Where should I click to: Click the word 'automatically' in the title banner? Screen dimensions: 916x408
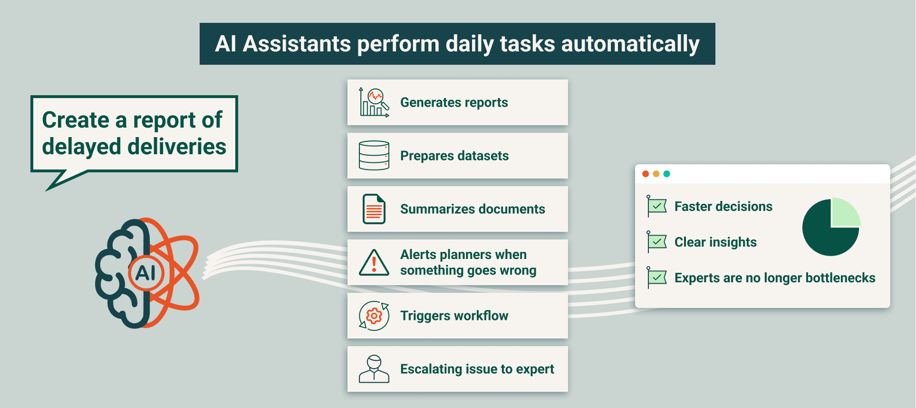click(x=630, y=44)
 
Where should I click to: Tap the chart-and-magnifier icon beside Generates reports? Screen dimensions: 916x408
click(x=374, y=102)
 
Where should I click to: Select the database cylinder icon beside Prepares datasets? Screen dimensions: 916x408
click(x=374, y=156)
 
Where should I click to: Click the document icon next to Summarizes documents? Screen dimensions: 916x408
click(x=374, y=209)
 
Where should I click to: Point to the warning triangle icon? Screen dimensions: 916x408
click(x=374, y=263)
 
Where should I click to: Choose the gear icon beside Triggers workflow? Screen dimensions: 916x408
click(x=374, y=316)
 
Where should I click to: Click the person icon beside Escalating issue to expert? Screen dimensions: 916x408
click(x=374, y=369)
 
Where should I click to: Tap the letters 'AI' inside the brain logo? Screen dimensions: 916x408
click(x=145, y=273)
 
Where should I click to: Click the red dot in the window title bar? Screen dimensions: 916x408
click(x=646, y=174)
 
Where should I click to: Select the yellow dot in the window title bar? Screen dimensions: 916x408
click(x=656, y=174)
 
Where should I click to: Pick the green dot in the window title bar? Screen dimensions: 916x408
click(x=666, y=174)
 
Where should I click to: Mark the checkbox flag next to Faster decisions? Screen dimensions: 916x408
click(x=657, y=206)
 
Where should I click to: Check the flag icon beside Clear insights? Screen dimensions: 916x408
click(x=657, y=242)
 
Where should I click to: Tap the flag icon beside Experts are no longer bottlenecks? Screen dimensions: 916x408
click(x=657, y=278)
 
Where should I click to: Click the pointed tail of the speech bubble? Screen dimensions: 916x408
click(x=47, y=190)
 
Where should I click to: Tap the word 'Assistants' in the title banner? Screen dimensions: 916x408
click(x=297, y=44)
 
